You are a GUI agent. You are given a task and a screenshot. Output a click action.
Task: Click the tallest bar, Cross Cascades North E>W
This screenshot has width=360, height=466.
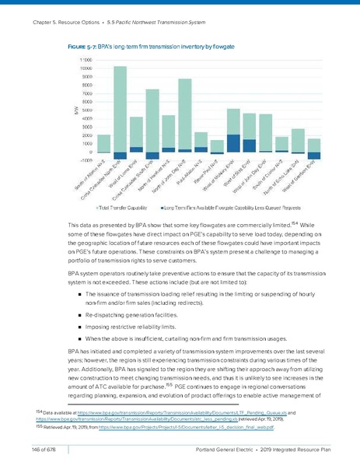point(121,109)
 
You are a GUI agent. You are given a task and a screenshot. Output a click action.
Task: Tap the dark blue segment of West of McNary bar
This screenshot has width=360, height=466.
point(232,143)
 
